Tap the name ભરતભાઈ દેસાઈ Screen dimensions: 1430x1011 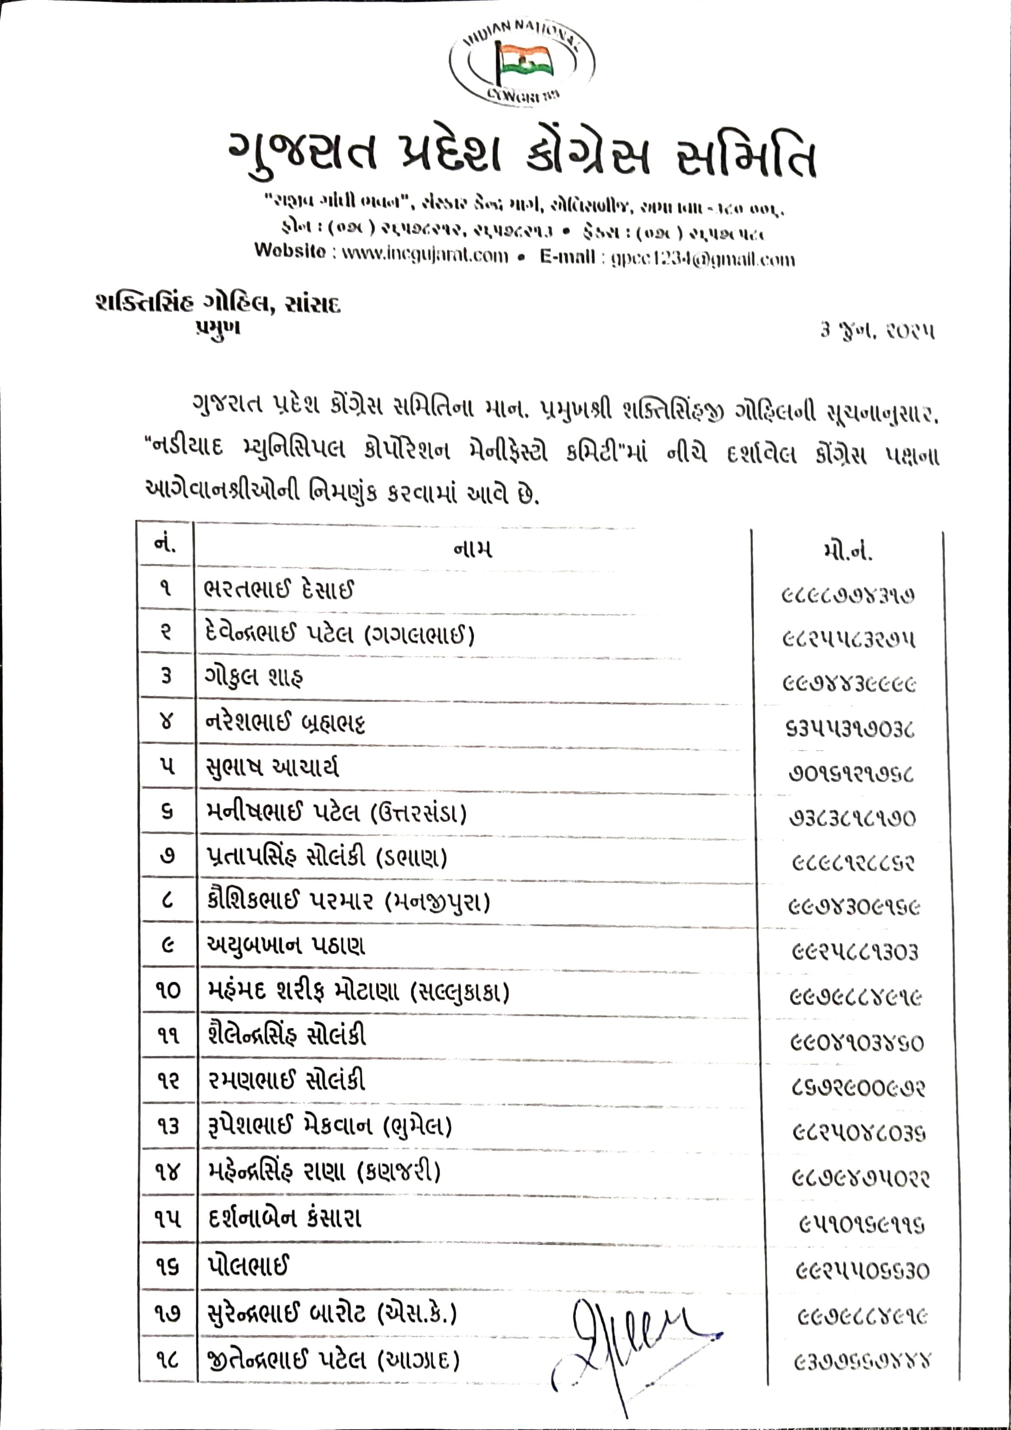(x=279, y=589)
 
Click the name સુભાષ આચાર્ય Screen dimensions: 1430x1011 (x=272, y=767)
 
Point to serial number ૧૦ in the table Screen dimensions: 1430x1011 (x=167, y=990)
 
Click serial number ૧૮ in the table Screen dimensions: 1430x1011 (x=167, y=1359)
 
